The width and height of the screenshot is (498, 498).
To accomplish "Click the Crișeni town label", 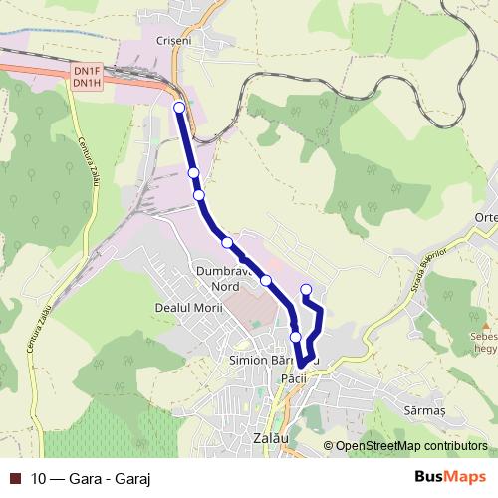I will (173, 41).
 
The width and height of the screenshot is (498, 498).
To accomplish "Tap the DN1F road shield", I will (87, 71).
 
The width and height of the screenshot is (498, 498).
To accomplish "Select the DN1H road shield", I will (87, 82).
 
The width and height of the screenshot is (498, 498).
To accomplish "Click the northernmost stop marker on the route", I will (179, 107).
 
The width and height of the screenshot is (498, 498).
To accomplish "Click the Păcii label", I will (292, 379).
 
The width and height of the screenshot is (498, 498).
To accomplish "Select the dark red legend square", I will (15, 478).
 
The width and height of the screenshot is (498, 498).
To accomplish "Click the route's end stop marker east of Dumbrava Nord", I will (305, 291).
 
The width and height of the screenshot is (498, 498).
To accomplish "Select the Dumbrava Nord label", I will (220, 279).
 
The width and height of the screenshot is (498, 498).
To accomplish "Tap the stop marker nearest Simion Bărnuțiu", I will (296, 337).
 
